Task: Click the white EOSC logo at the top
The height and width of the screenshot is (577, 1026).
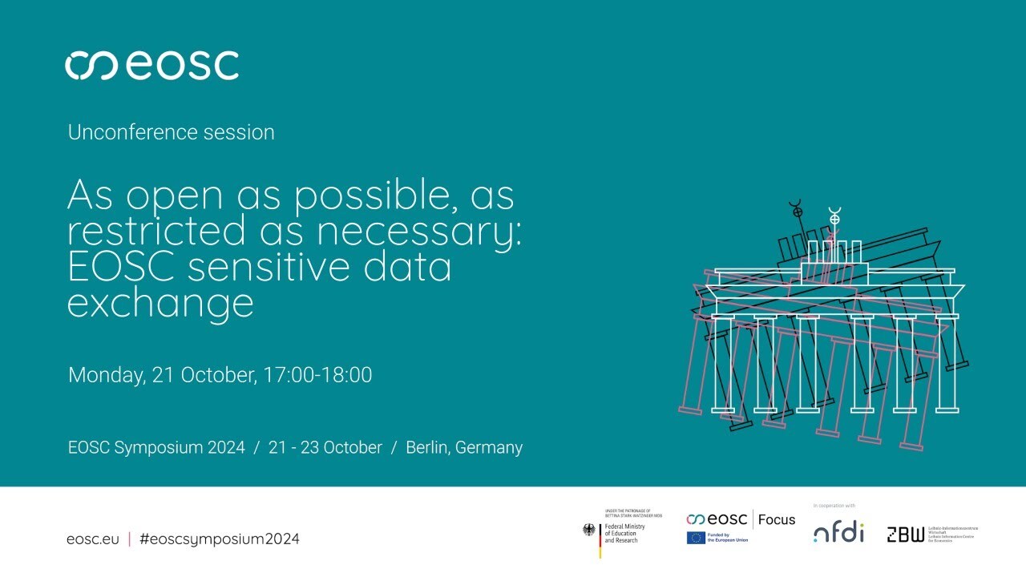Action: [151, 65]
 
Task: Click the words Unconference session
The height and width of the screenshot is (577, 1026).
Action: [171, 132]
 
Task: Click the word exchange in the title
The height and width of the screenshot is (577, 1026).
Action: [160, 303]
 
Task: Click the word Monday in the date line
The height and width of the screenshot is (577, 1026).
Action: [107, 375]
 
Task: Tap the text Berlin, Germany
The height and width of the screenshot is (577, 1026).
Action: [464, 447]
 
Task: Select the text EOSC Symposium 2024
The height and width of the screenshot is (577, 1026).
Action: [156, 447]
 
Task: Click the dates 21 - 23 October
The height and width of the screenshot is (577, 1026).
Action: [325, 447]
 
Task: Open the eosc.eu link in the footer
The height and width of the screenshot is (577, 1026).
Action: [92, 539]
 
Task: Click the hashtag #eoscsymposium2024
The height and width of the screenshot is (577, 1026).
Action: [219, 539]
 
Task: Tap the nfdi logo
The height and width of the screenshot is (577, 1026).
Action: [838, 532]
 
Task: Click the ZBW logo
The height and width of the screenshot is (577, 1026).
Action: [905, 535]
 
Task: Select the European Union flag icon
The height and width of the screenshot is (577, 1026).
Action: [695, 538]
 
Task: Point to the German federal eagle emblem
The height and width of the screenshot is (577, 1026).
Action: [589, 530]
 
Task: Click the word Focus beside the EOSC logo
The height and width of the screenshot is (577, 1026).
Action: [776, 519]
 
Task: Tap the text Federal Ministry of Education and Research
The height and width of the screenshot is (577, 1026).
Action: [624, 533]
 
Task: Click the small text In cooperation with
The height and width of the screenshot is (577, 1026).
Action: [834, 506]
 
